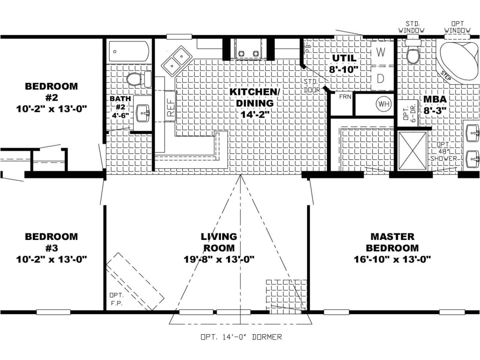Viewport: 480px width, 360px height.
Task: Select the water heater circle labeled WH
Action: (x=384, y=104)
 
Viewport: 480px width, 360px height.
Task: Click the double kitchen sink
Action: (x=176, y=60)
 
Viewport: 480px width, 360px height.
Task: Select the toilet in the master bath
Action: (x=413, y=53)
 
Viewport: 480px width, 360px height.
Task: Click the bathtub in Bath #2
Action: (x=129, y=51)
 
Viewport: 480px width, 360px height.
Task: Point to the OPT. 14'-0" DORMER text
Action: (x=240, y=337)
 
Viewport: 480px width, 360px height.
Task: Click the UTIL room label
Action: (x=345, y=58)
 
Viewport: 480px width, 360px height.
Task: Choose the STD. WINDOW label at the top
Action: (x=412, y=27)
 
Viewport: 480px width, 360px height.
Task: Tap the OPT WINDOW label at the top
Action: (x=457, y=27)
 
